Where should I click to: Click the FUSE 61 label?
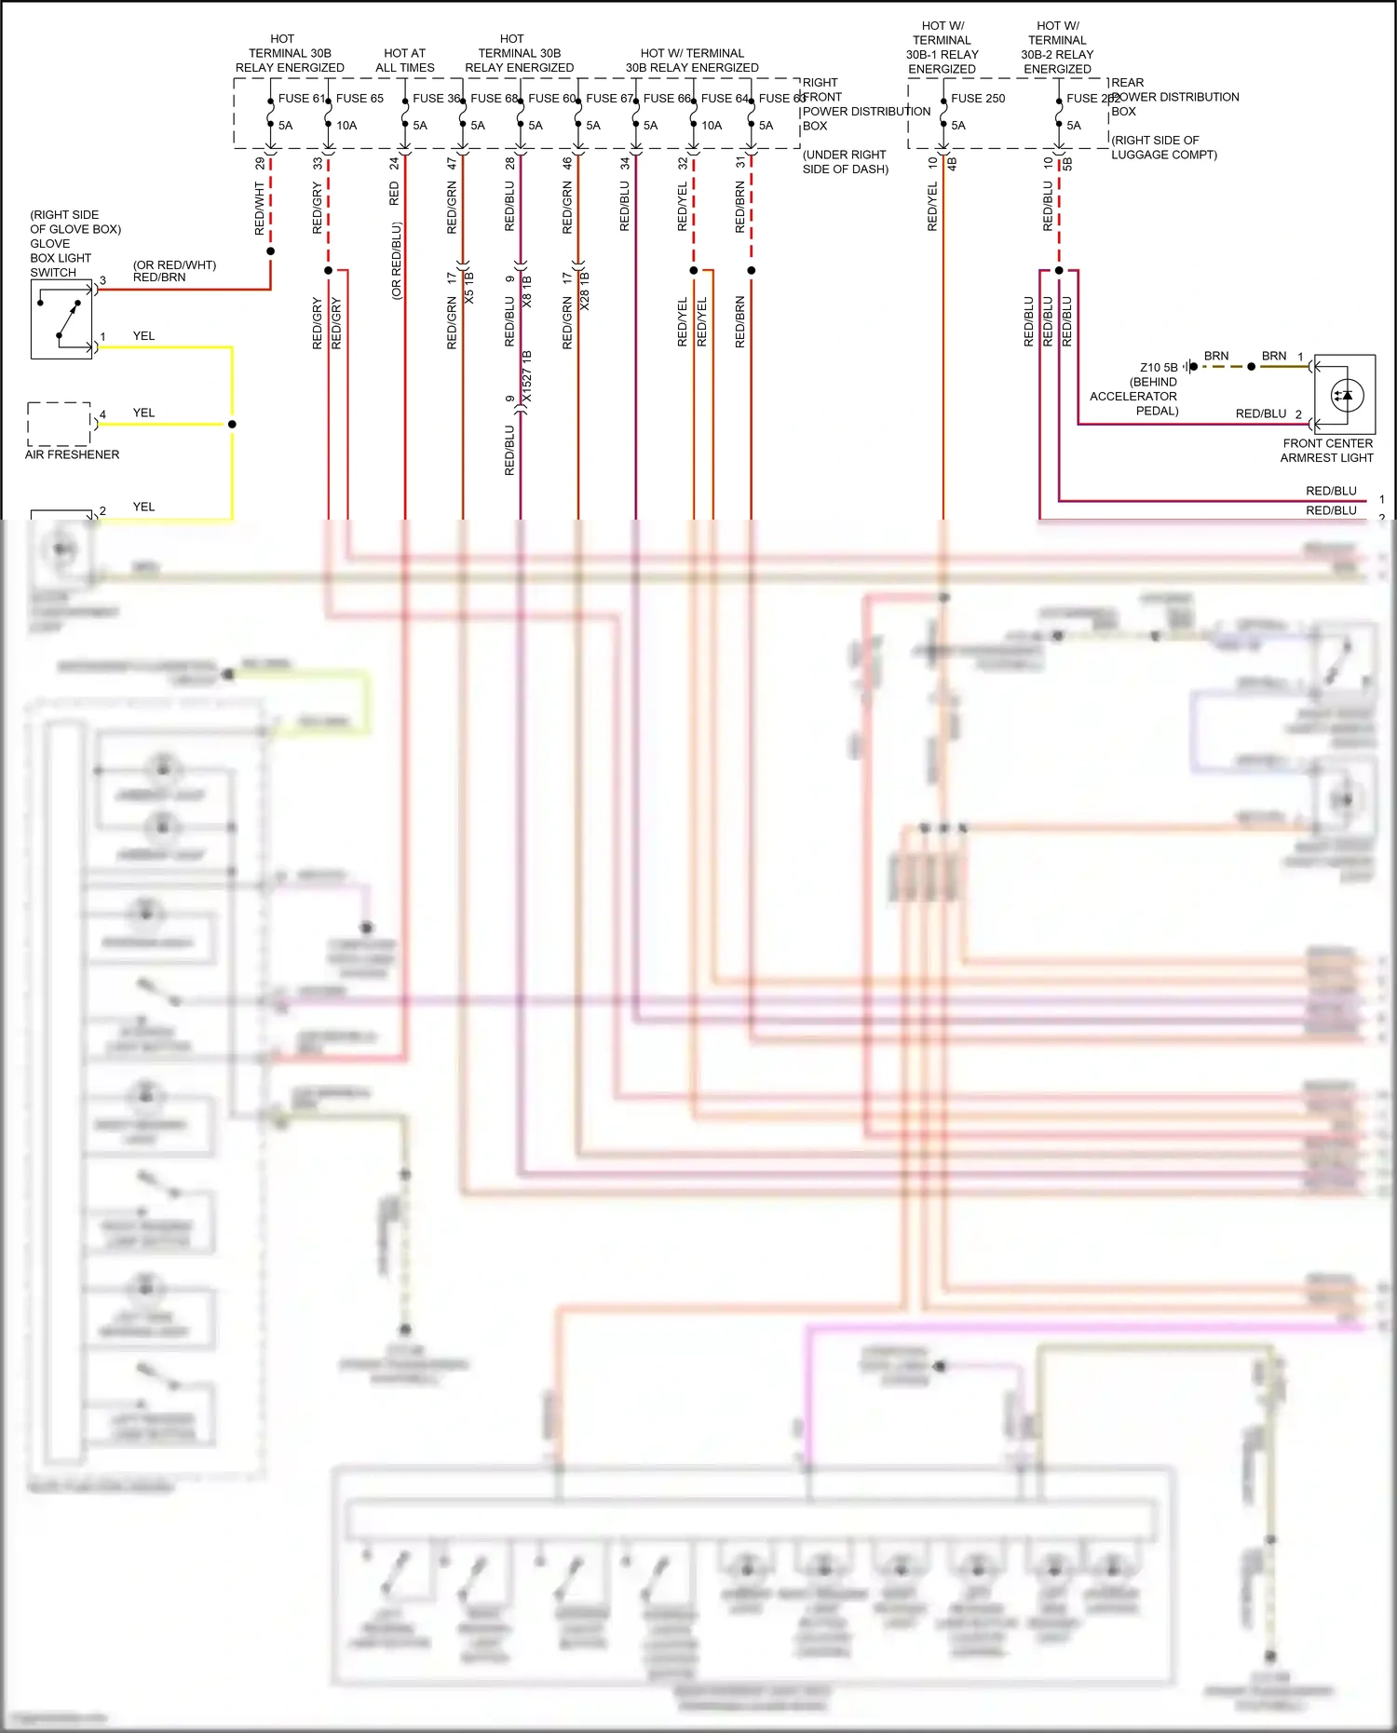(x=302, y=98)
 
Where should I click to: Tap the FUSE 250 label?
(x=978, y=98)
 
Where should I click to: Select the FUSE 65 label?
(x=359, y=98)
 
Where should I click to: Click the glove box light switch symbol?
(x=61, y=319)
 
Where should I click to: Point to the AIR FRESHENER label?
(x=72, y=454)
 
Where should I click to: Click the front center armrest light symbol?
(x=1345, y=395)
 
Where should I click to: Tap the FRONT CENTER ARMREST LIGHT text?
(x=1327, y=451)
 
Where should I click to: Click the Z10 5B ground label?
(x=1159, y=367)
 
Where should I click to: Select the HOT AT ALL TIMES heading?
(x=405, y=61)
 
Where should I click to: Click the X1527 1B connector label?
(x=527, y=376)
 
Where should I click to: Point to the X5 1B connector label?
(x=469, y=287)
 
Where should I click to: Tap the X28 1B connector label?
(x=585, y=291)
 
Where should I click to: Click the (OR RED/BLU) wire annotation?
(x=397, y=261)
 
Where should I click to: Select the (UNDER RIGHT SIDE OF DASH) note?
(x=845, y=162)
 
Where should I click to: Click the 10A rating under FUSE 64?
(x=712, y=126)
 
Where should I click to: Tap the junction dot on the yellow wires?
(x=232, y=424)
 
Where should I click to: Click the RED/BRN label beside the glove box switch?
(x=159, y=278)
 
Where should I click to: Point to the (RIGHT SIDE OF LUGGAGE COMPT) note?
(x=1163, y=147)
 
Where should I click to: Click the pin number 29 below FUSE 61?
(x=260, y=163)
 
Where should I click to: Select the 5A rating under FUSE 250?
(x=958, y=126)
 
